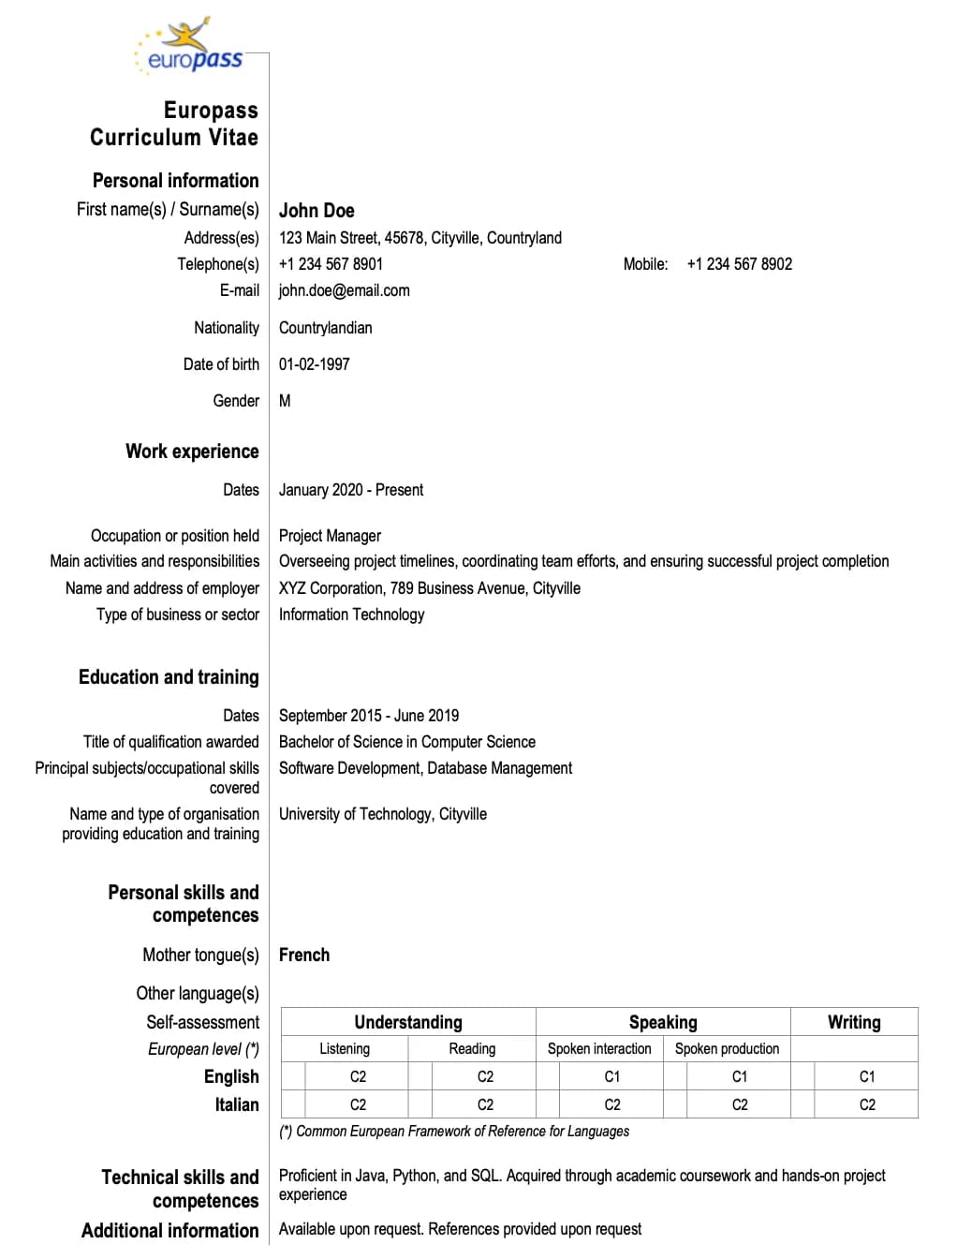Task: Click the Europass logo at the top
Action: click(x=190, y=47)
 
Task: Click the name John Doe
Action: click(x=317, y=211)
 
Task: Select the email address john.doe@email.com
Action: click(x=344, y=290)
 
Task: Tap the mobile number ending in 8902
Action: click(x=739, y=264)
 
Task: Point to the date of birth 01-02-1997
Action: click(x=314, y=364)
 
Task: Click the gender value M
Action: click(x=285, y=401)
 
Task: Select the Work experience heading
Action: click(x=192, y=452)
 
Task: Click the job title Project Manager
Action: click(x=330, y=536)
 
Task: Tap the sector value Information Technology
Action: click(x=351, y=615)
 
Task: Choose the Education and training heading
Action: click(x=169, y=677)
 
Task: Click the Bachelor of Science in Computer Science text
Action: click(x=406, y=742)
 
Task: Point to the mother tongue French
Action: click(x=304, y=955)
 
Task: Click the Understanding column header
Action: click(x=408, y=1022)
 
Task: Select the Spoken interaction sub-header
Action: click(x=599, y=1049)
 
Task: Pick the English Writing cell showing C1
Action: click(x=867, y=1077)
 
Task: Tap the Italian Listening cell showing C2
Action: click(x=358, y=1105)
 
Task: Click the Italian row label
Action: click(x=237, y=1105)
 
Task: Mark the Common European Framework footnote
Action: click(x=454, y=1132)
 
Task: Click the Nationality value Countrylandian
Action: click(x=325, y=328)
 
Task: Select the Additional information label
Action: click(x=169, y=1231)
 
